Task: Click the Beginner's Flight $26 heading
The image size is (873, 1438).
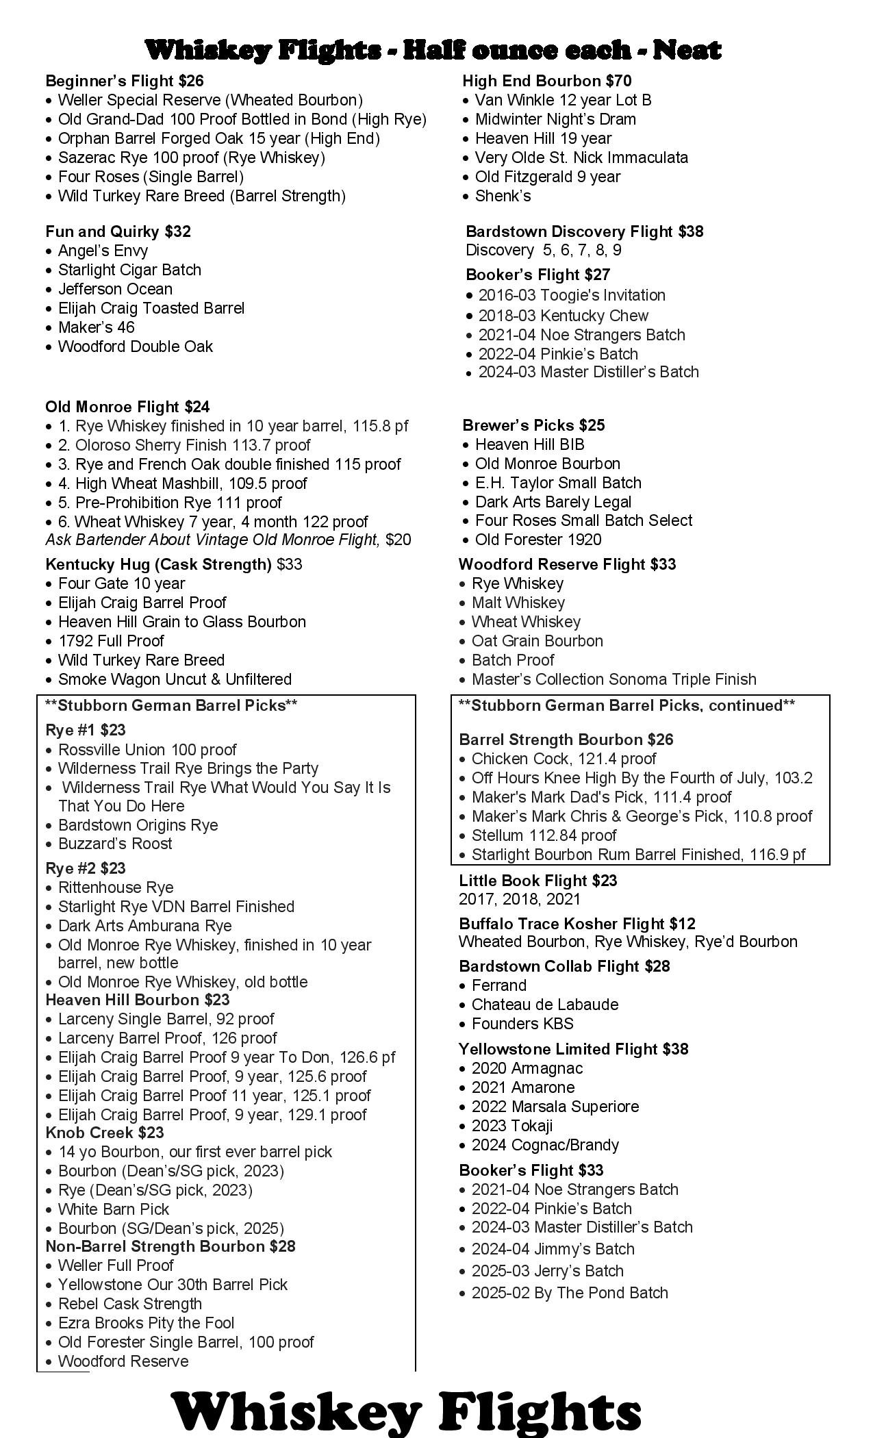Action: (x=125, y=81)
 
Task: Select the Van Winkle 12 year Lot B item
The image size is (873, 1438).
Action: (x=563, y=100)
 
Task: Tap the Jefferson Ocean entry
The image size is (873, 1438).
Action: (x=115, y=289)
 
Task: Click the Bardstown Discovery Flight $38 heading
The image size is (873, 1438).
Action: (x=584, y=231)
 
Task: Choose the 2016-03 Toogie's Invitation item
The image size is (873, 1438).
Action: (x=572, y=295)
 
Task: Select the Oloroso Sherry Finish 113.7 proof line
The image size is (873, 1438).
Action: (x=192, y=445)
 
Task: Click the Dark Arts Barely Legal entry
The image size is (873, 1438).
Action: (x=553, y=502)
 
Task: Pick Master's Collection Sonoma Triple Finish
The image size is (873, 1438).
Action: (x=613, y=679)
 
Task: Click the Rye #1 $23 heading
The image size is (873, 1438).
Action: (x=86, y=730)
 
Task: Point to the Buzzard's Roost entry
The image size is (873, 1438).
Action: (x=115, y=844)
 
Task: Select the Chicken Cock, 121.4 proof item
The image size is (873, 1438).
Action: (x=564, y=759)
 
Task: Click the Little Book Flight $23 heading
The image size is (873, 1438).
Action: (x=538, y=881)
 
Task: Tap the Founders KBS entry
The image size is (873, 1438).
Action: (x=522, y=1024)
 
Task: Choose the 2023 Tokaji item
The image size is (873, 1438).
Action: (x=512, y=1126)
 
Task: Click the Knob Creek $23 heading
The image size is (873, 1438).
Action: (x=105, y=1133)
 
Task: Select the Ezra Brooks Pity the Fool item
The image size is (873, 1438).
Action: (x=146, y=1323)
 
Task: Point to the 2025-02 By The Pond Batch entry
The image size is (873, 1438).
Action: (x=570, y=1293)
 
